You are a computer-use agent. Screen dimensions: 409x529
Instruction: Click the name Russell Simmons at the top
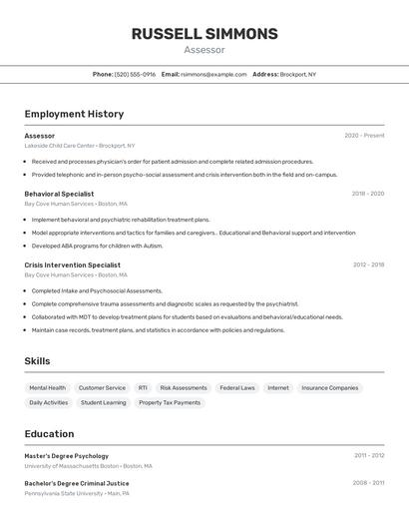coord(204,34)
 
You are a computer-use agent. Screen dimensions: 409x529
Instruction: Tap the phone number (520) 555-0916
coord(135,74)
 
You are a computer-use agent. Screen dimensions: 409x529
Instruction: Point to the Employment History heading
coord(74,115)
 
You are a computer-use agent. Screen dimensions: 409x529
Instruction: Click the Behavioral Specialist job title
coord(59,194)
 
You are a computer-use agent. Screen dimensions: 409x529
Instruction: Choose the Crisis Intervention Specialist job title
coord(72,264)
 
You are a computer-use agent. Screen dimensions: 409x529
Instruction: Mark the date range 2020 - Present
coord(364,136)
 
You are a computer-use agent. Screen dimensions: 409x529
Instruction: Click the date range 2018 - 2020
coord(367,194)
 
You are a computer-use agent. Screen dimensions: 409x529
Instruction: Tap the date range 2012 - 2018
coord(368,264)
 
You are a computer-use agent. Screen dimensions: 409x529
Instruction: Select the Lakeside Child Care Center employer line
coord(79,146)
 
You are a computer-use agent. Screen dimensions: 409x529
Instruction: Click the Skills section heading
coord(37,361)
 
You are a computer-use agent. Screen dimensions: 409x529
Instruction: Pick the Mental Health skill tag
coord(48,388)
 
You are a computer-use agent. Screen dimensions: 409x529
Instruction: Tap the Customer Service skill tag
coord(102,388)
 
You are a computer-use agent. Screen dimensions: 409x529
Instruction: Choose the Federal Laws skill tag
coord(237,388)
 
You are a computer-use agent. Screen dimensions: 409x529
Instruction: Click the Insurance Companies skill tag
coord(329,388)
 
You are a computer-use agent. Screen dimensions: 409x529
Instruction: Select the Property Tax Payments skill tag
coord(170,403)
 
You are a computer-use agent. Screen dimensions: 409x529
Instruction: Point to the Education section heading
coord(49,434)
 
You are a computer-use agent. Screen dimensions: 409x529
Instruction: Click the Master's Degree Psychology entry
coord(66,455)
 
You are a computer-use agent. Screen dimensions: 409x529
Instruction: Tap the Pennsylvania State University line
coord(77,493)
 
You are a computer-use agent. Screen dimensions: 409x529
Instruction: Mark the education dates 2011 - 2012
coord(368,455)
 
